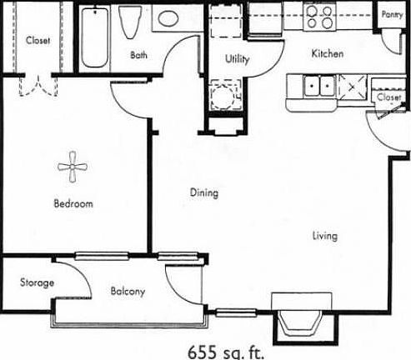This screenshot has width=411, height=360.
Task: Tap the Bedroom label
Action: click(73, 204)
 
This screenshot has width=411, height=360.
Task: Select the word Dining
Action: click(203, 193)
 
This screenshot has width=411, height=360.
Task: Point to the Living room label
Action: click(325, 236)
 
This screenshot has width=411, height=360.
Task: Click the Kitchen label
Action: click(328, 54)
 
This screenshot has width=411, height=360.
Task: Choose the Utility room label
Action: click(238, 59)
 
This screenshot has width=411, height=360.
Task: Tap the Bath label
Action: click(139, 56)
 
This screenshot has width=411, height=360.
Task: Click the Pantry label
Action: click(392, 14)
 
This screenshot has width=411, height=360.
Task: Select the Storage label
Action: click(37, 283)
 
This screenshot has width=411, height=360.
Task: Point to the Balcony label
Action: click(128, 292)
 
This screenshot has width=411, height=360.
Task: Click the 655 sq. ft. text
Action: click(223, 349)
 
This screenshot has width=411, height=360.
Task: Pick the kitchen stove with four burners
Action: click(320, 17)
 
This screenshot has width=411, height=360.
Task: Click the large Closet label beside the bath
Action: click(37, 40)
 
